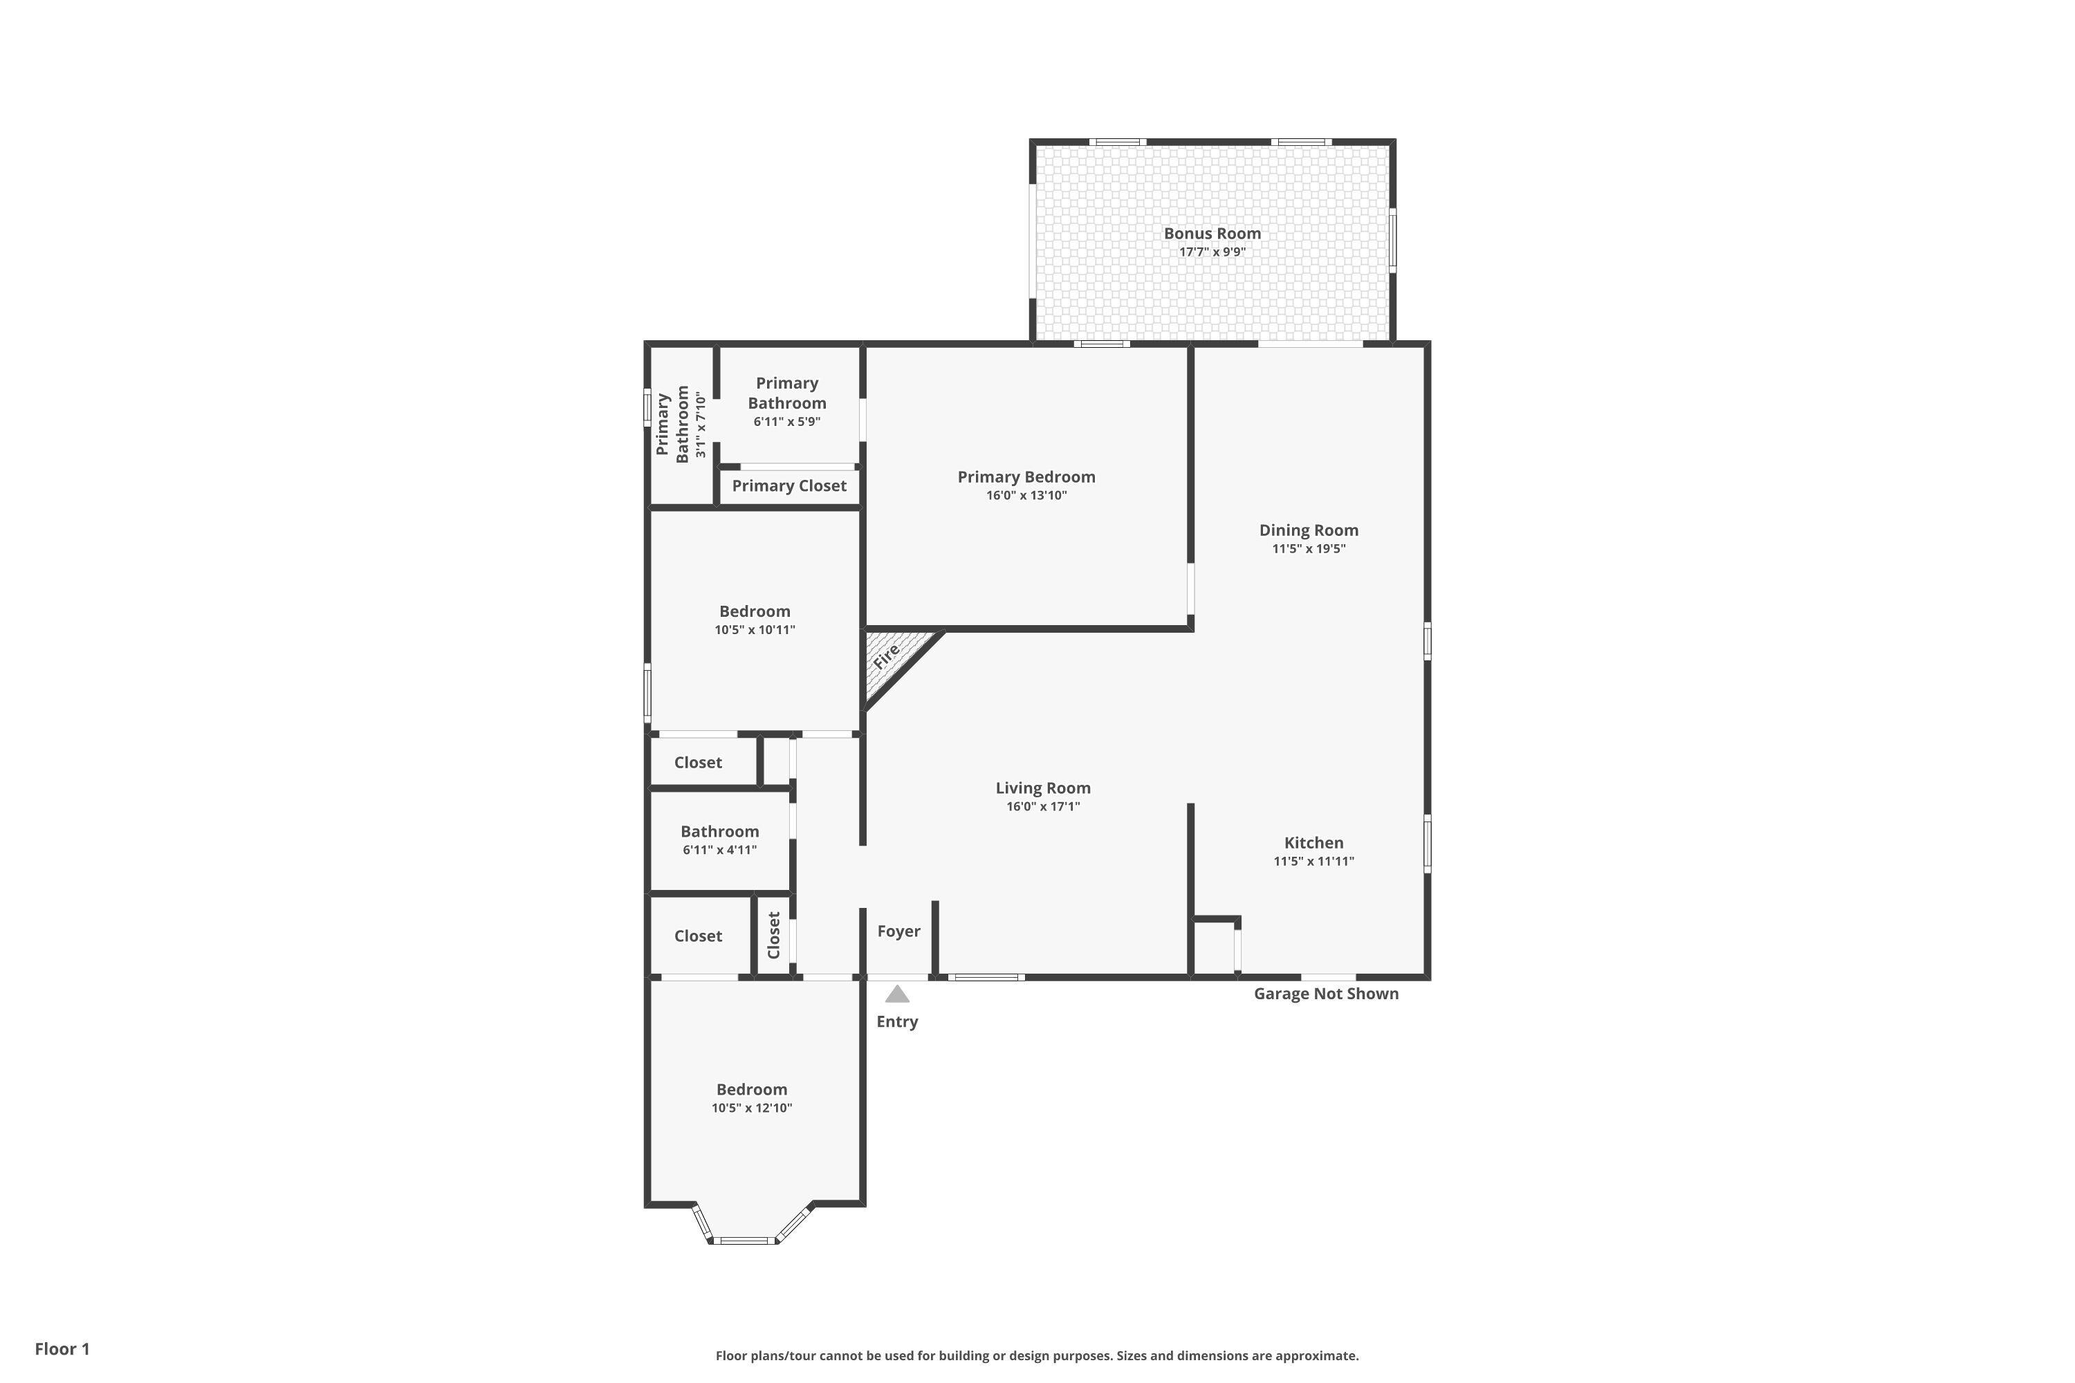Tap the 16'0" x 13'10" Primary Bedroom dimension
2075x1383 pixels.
point(1026,496)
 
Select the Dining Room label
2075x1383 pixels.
point(1309,530)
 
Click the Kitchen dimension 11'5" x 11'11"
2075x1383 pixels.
point(1313,862)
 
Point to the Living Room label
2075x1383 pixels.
point(1043,788)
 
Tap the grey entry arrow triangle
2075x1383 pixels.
point(897,995)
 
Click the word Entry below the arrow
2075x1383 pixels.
point(897,1021)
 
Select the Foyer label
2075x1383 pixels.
point(898,931)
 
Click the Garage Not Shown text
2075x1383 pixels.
point(1326,993)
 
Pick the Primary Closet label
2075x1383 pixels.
point(788,486)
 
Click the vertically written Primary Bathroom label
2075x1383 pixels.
point(672,425)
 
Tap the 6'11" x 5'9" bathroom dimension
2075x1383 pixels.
point(787,422)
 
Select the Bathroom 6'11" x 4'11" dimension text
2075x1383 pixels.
point(719,851)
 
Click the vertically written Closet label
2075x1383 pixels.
point(774,935)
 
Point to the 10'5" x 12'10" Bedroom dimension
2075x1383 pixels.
point(752,1108)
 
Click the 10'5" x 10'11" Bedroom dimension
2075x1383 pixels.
point(755,630)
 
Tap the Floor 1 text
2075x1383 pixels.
point(62,1348)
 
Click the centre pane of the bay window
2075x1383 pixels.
point(743,1240)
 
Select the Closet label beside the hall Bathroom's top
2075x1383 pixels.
point(698,762)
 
